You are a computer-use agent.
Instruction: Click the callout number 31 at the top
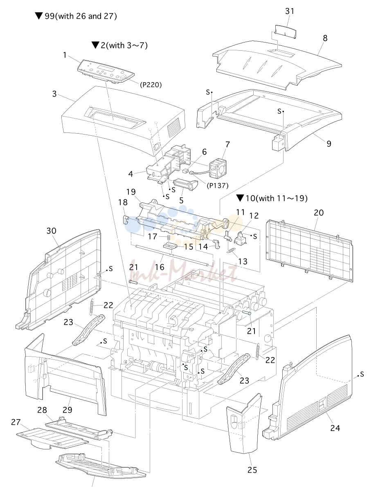[289, 11]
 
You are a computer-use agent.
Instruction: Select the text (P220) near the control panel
[151, 85]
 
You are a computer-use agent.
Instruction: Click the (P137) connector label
[217, 186]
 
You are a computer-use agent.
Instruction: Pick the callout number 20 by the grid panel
[319, 213]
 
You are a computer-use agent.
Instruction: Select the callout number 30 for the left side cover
[51, 231]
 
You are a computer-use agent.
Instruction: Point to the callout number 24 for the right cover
[335, 428]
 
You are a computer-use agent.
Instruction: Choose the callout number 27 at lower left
[16, 422]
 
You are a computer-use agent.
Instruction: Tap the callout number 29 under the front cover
[67, 410]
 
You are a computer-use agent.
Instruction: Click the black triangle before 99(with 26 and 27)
[39, 16]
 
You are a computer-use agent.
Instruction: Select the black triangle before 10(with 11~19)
[240, 198]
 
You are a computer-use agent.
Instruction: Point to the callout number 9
[328, 144]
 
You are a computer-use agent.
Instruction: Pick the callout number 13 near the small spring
[243, 261]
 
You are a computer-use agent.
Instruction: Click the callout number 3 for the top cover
[54, 94]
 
